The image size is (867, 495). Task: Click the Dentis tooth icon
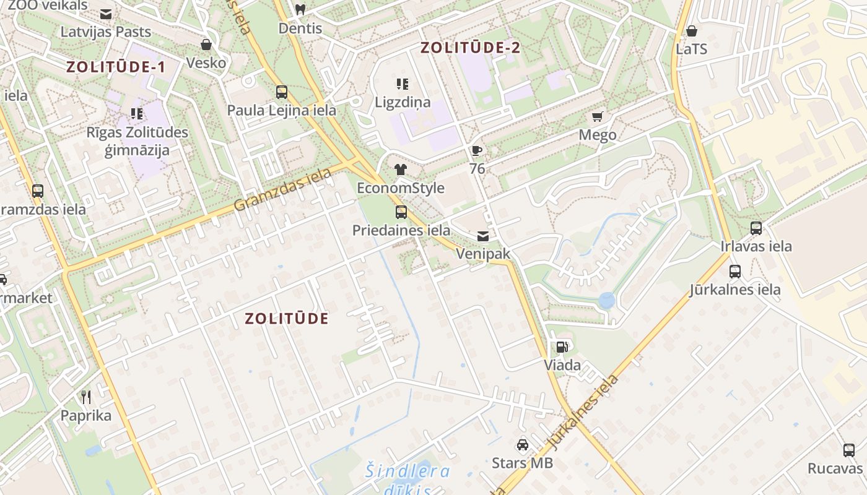300,10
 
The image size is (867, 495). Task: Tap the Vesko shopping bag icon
206,45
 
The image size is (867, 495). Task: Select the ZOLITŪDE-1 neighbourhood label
116,67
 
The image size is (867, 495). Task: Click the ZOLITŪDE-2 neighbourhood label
471,48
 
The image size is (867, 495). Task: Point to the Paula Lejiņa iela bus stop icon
282,92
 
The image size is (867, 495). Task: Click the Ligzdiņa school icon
403,84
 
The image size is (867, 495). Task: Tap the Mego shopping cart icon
598,116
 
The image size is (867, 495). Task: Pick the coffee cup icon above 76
476,150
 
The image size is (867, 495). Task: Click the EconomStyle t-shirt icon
400,170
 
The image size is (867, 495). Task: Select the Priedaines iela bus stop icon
401,212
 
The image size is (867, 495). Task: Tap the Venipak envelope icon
482,236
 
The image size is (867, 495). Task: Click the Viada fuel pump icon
562,347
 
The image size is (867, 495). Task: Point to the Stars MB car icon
523,445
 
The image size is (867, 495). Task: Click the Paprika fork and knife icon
86,397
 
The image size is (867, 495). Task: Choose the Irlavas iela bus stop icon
756,228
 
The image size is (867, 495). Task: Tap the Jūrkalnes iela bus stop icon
735,271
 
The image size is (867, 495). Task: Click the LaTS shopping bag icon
692,30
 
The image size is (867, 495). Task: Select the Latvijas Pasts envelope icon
106,14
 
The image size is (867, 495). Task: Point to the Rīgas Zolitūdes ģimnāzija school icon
137,114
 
